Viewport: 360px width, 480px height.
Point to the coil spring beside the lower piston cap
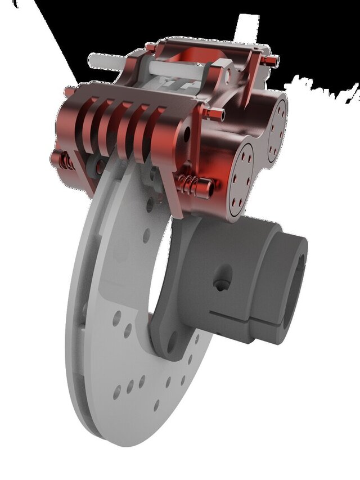click(191, 183)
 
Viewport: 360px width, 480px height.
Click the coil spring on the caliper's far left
click(67, 161)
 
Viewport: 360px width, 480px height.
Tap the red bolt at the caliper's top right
click(272, 58)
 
